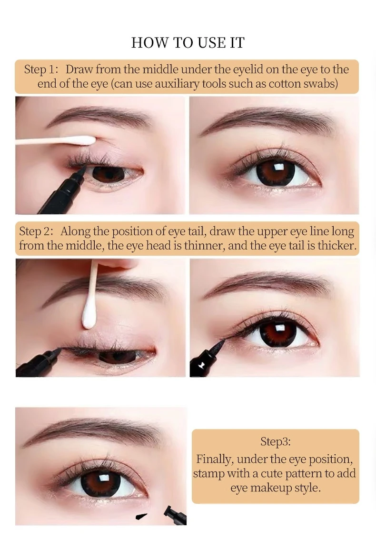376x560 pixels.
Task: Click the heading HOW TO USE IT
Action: tap(188, 43)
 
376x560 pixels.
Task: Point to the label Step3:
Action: tap(275, 442)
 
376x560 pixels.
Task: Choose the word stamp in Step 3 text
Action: tap(208, 474)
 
